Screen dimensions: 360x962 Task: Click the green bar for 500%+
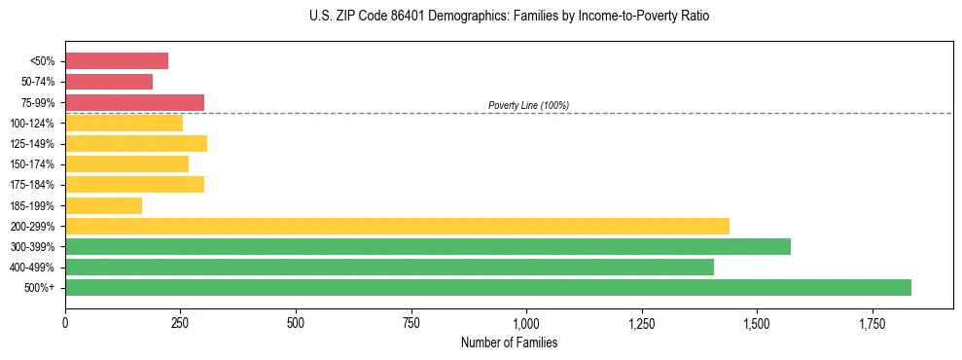coord(487,287)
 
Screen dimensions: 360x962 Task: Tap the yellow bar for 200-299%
coord(397,226)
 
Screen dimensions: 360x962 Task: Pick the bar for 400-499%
coord(389,267)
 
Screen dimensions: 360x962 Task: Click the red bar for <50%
coord(117,61)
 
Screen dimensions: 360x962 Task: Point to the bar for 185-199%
coord(103,205)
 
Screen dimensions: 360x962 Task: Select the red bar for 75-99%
coord(134,102)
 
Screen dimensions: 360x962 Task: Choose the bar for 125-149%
coord(136,144)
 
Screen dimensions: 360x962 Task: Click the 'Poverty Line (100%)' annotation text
coord(528,105)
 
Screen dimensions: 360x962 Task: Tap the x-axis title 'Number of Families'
coord(509,342)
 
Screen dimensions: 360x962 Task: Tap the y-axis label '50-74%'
coord(38,82)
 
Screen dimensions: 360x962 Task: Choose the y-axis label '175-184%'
coord(32,185)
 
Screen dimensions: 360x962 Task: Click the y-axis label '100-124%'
coord(32,124)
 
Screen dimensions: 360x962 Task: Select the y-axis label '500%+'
coord(41,288)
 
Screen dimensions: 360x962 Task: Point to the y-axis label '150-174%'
coord(32,164)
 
